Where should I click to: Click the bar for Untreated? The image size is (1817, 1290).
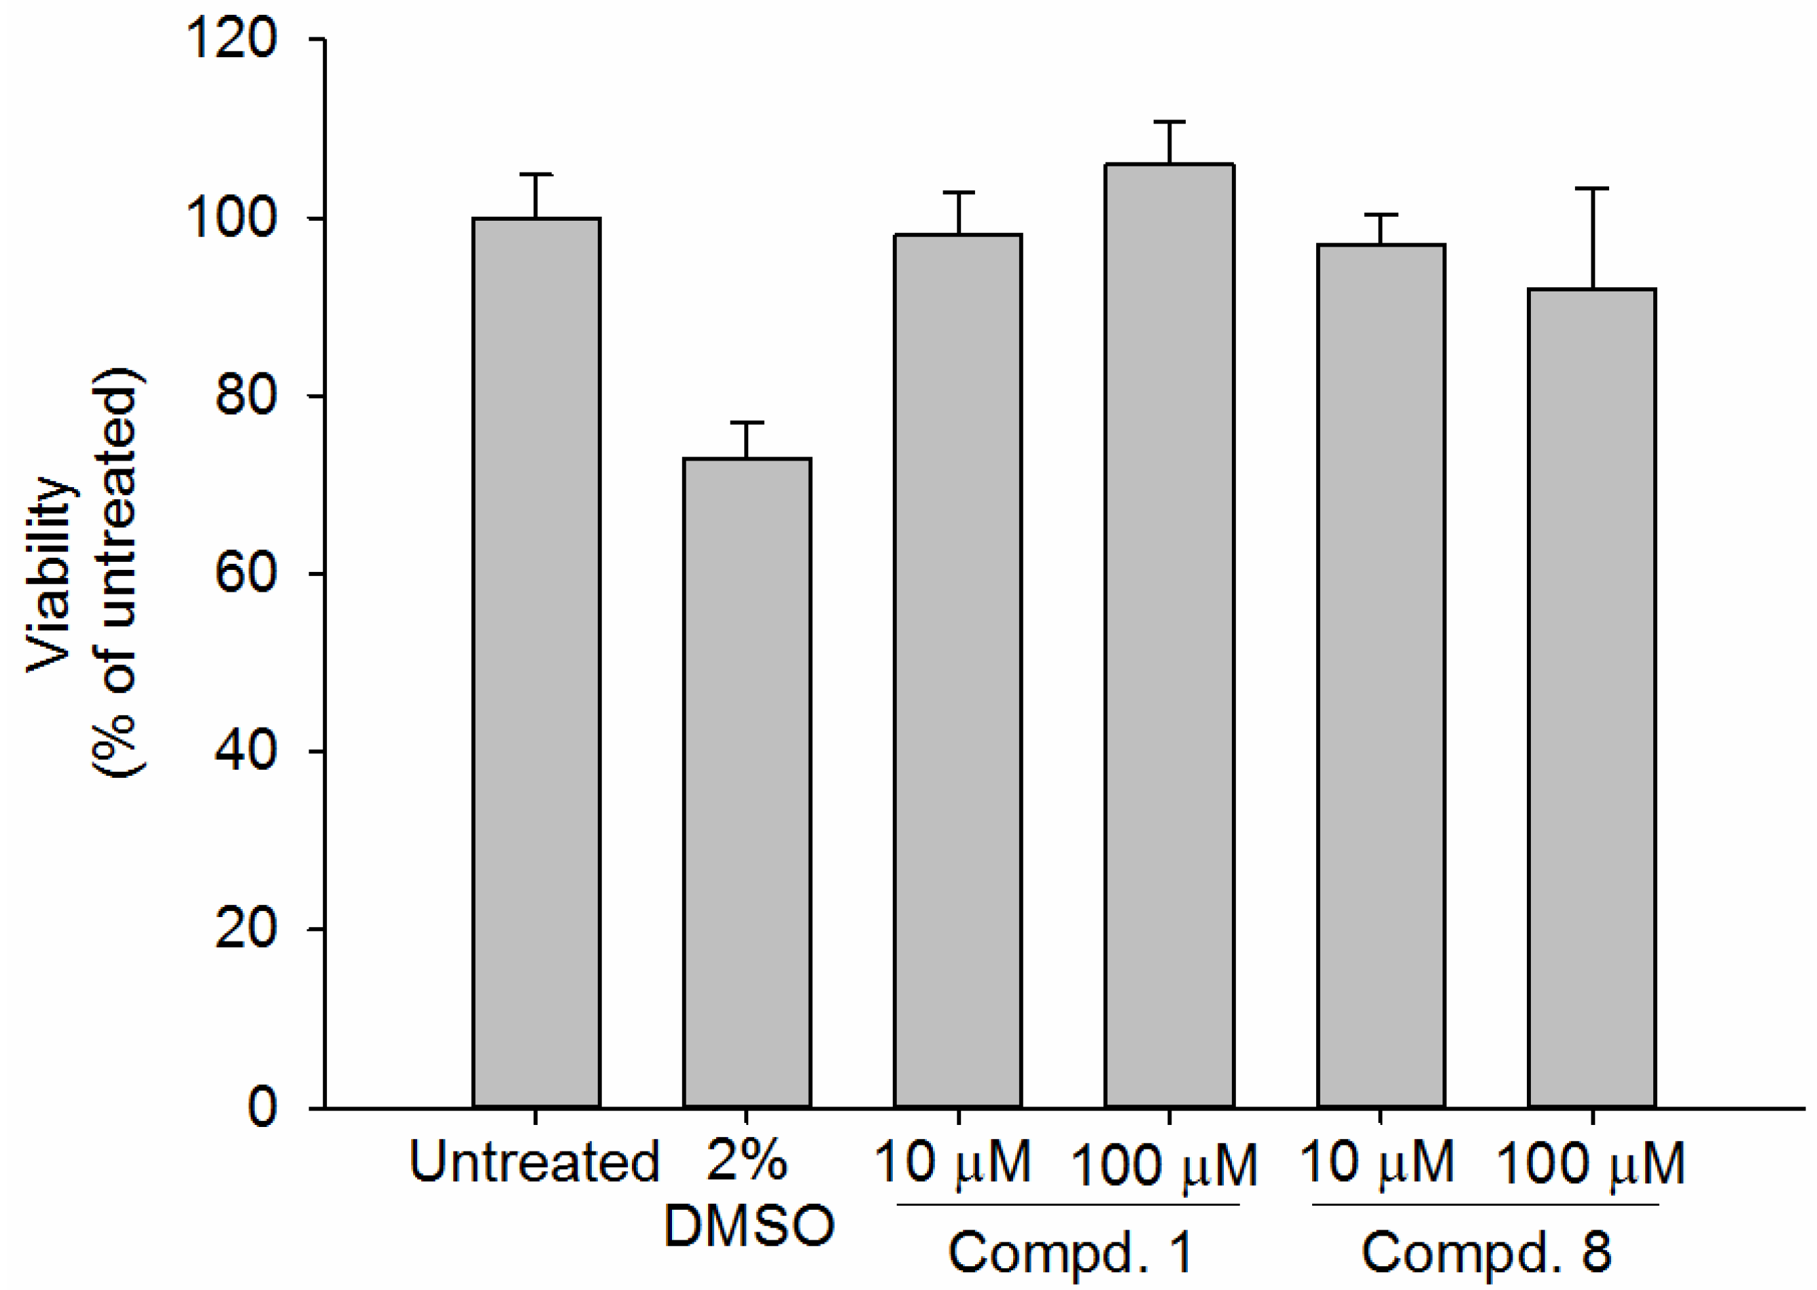tap(536, 662)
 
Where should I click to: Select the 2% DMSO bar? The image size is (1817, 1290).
tap(747, 783)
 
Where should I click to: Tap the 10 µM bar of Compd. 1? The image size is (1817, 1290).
tap(958, 671)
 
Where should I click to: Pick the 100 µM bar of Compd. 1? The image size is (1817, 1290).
tap(1169, 635)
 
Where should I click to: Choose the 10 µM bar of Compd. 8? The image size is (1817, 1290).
tap(1381, 675)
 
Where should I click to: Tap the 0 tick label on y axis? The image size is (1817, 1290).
tap(262, 1107)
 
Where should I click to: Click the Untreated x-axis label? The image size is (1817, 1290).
tap(534, 1162)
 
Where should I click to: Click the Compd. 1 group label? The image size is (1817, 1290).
tap(1070, 1253)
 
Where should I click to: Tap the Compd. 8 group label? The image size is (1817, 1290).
tap(1485, 1253)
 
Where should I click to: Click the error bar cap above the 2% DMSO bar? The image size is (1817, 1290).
tap(747, 423)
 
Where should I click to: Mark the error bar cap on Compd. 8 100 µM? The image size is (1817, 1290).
tap(1592, 189)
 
